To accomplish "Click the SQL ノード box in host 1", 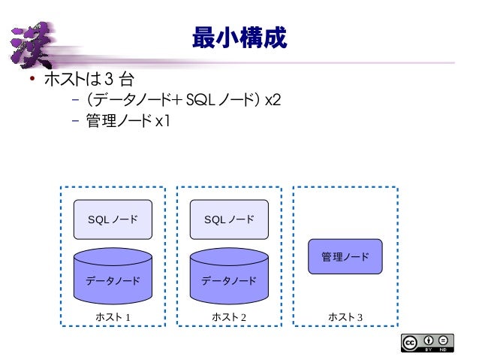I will point(113,219).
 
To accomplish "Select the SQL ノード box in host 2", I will point(229,219).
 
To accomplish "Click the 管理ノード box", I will point(345,257).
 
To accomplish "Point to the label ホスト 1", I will point(113,316).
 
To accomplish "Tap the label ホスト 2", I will point(229,316).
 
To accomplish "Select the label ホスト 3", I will point(345,316).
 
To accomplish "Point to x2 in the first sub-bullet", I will point(273,100).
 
